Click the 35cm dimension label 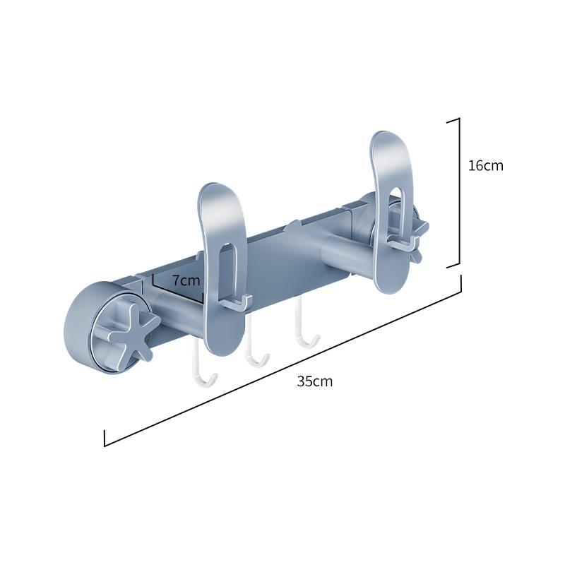pyautogui.click(x=314, y=381)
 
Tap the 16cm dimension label pyautogui.click(x=485, y=165)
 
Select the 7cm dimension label pyautogui.click(x=186, y=280)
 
